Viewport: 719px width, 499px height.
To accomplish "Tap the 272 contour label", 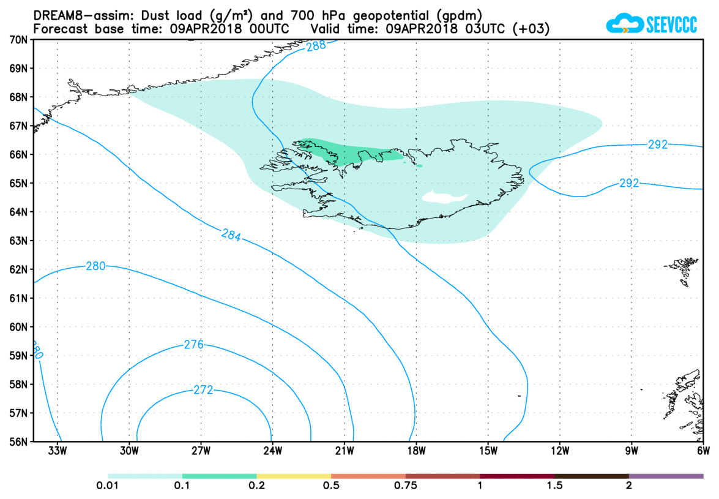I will [203, 389].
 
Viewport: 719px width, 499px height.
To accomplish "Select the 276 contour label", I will [193, 345].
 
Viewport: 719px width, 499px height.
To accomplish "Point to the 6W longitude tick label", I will [702, 452].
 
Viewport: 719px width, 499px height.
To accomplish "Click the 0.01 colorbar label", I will [108, 486].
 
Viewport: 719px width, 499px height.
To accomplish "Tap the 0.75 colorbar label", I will [406, 486].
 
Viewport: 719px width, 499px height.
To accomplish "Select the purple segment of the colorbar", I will [666, 476].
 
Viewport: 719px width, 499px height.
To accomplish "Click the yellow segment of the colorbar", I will [294, 476].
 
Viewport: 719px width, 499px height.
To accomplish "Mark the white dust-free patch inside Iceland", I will [444, 197].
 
